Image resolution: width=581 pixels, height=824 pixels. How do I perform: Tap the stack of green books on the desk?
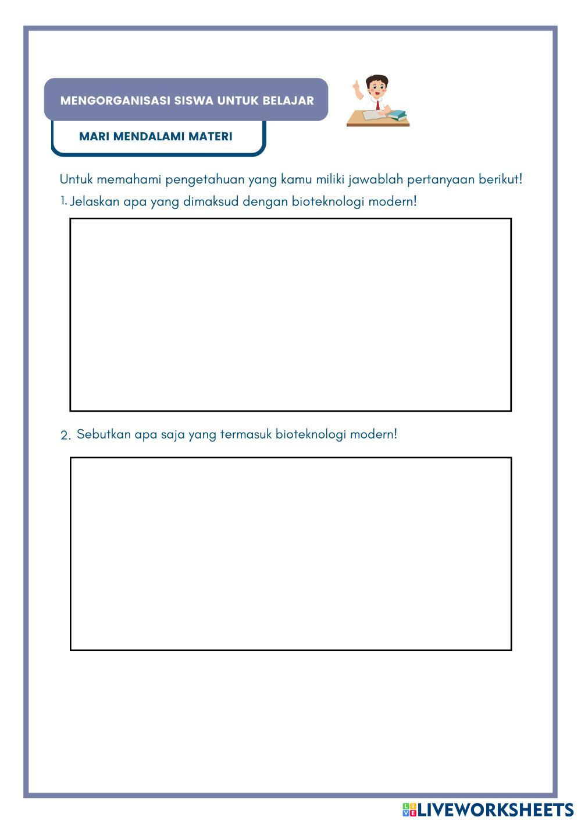pyautogui.click(x=398, y=115)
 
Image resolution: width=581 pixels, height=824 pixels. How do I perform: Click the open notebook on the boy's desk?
pyautogui.click(x=373, y=116)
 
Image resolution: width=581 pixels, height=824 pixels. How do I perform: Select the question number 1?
pyautogui.click(x=63, y=201)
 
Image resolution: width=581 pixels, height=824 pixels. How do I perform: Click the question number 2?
pyautogui.click(x=65, y=435)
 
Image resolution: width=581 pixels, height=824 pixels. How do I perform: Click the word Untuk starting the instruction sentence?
pyautogui.click(x=76, y=179)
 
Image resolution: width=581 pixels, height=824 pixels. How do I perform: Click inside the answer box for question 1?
pyautogui.click(x=290, y=314)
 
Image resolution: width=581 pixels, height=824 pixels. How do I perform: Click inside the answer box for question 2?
pyautogui.click(x=290, y=553)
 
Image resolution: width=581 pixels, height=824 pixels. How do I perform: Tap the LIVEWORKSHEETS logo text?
pyautogui.click(x=494, y=809)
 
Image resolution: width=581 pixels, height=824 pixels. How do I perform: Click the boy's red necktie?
pyautogui.click(x=377, y=105)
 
